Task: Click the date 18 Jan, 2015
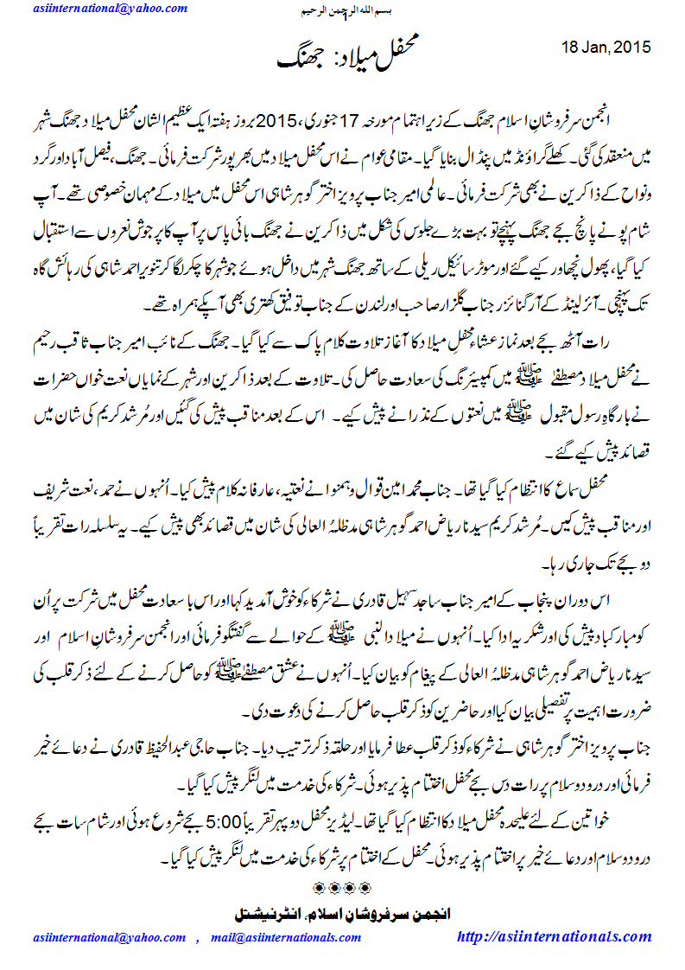tap(606, 46)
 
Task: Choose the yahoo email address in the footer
tap(110, 938)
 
